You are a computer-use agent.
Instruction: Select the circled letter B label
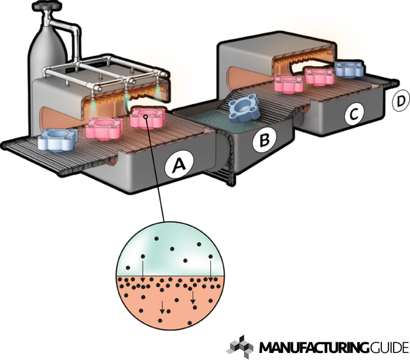pyautogui.click(x=265, y=140)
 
